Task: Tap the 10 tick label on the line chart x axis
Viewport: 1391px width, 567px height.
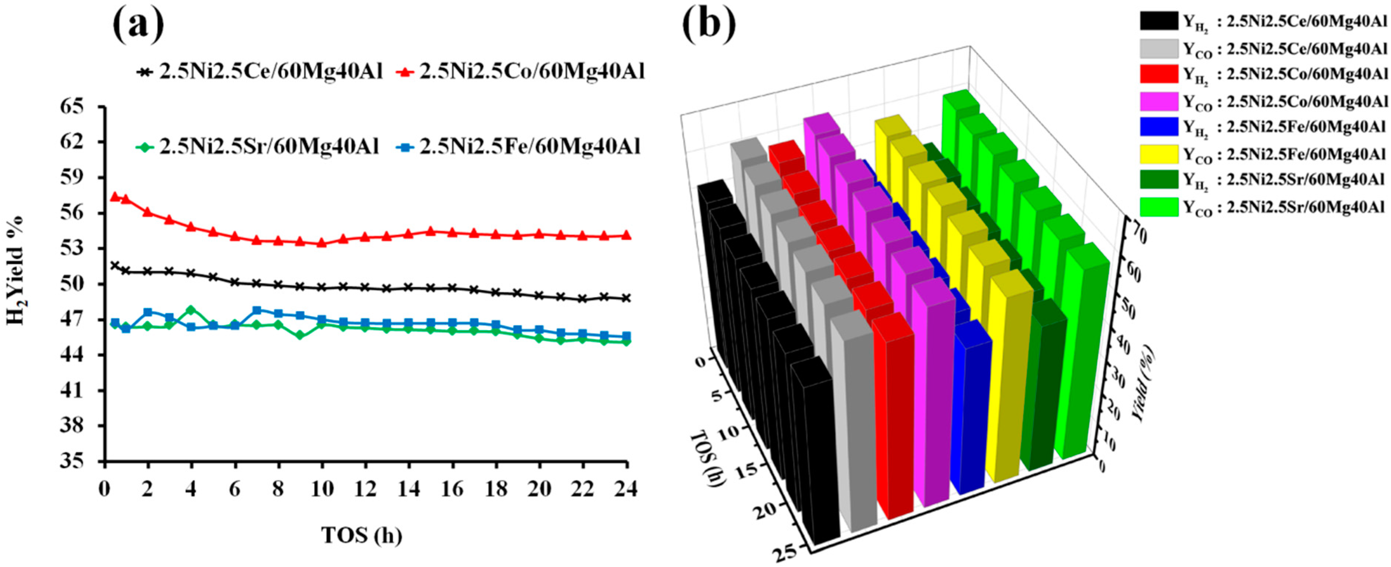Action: point(322,489)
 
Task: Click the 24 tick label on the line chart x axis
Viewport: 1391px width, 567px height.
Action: point(625,489)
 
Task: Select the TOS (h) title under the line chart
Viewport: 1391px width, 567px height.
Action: point(362,535)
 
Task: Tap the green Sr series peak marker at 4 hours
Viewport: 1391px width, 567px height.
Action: point(191,310)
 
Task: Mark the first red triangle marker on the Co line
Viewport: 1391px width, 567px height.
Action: point(114,197)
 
